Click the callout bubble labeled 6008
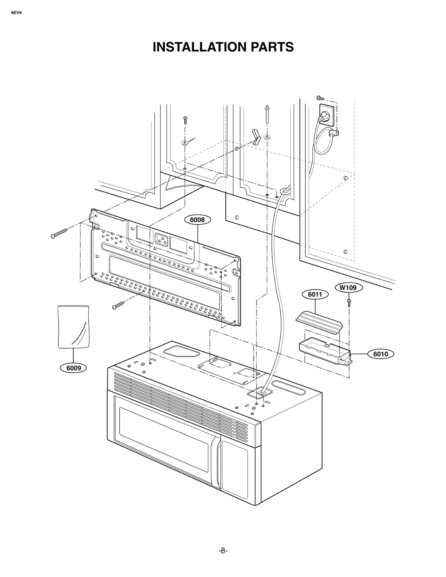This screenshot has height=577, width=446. coord(197,220)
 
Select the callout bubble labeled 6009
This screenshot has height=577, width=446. coord(74,368)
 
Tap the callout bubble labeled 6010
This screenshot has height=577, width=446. coord(380,354)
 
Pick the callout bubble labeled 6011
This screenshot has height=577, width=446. coord(315,294)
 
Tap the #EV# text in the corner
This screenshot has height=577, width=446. coord(16,13)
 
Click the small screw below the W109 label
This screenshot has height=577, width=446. coord(349,303)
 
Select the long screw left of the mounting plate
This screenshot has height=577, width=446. coord(59,233)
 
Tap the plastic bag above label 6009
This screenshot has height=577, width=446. coord(74,327)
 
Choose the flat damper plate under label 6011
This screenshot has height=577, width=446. coord(319,322)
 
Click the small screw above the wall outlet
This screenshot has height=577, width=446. coord(320,98)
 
